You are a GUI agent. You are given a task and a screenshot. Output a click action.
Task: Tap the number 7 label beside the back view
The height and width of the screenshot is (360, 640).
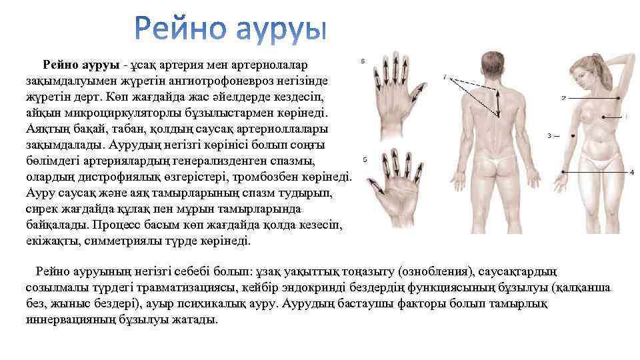[444, 77]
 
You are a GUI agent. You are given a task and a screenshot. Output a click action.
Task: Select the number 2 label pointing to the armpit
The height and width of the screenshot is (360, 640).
[563, 98]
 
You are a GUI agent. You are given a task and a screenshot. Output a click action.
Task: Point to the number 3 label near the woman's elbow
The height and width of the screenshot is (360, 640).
[549, 136]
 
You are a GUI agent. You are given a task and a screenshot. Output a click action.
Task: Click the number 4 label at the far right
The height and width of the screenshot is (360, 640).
[631, 172]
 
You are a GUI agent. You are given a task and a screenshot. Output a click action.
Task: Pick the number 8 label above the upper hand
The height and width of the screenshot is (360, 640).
[362, 62]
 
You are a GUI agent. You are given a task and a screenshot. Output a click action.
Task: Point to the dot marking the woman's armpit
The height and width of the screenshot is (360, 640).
[621, 97]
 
